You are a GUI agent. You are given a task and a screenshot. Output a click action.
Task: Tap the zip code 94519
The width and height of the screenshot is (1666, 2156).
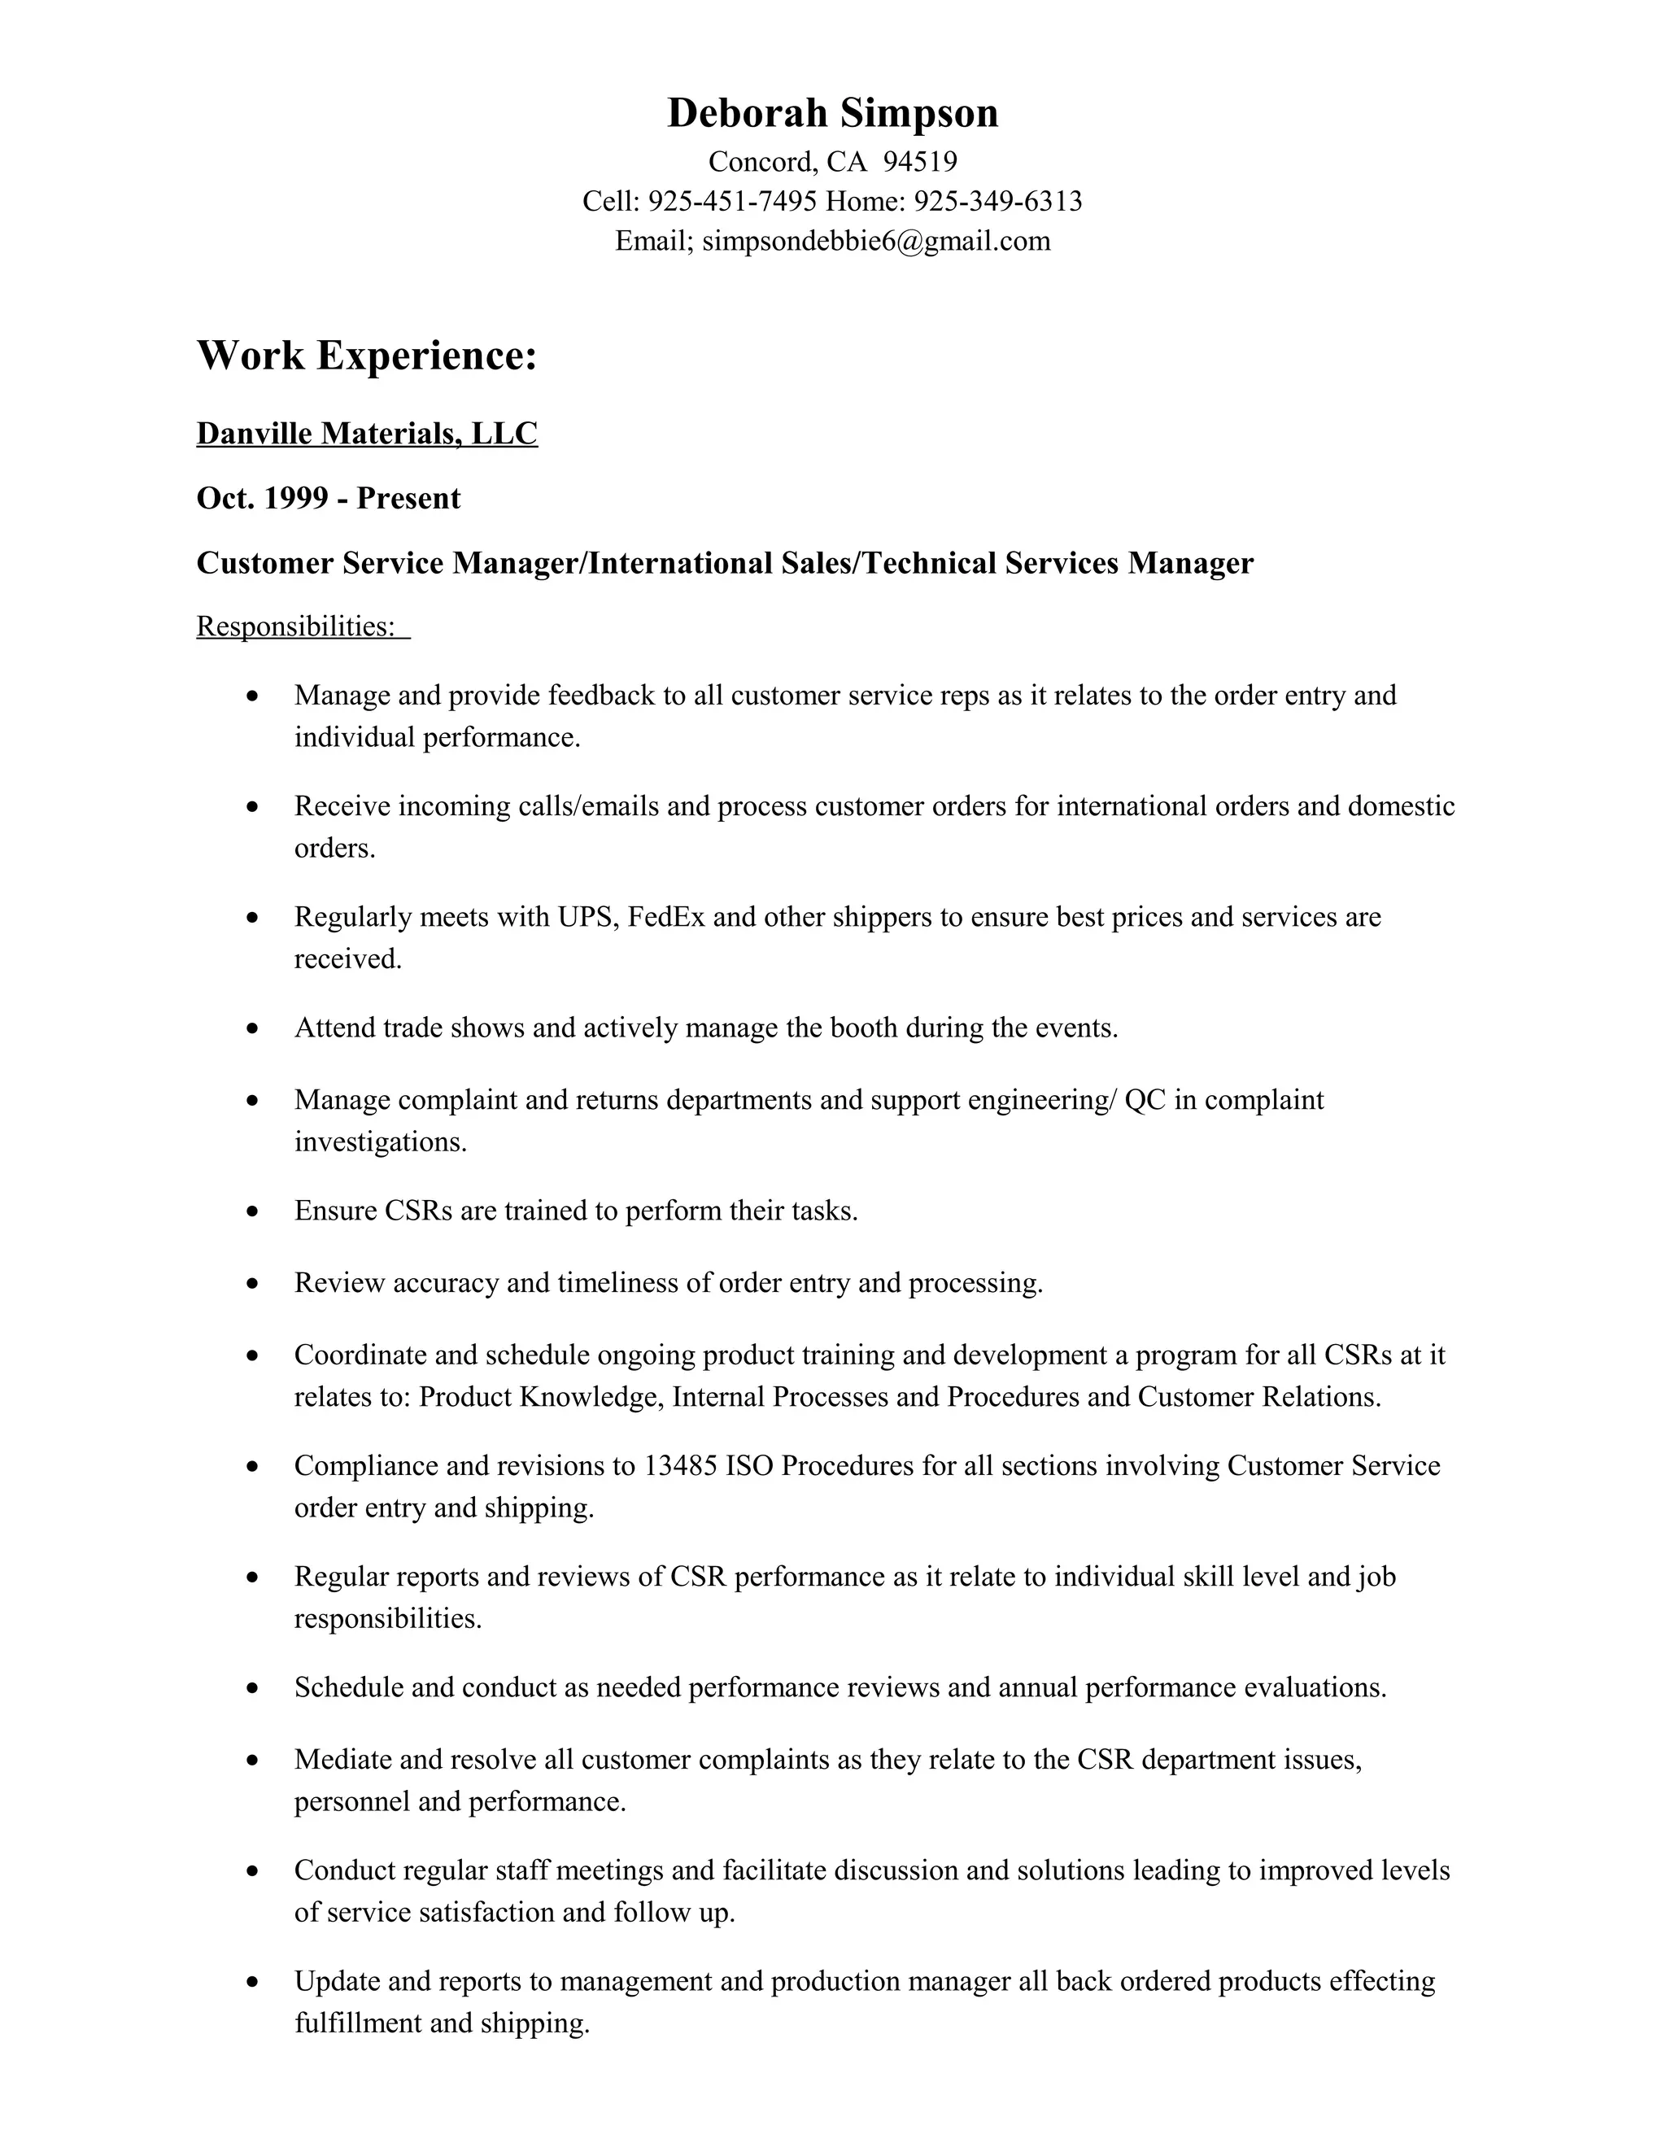[920, 161]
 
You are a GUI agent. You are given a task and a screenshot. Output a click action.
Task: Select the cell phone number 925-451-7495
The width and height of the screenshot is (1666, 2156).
[732, 202]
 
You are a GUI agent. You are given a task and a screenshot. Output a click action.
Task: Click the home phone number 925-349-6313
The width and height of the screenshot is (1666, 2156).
[998, 202]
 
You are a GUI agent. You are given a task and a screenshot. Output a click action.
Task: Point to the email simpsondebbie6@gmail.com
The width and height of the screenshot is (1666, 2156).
[875, 241]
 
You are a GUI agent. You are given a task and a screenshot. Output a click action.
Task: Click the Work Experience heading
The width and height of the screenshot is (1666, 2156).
[367, 356]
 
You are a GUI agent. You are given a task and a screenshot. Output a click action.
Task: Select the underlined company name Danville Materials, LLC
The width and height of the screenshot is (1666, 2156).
[367, 434]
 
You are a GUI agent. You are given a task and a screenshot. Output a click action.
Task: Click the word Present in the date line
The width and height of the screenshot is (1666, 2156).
[408, 498]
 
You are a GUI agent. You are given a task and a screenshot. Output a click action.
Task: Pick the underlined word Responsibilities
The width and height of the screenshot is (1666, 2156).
[295, 626]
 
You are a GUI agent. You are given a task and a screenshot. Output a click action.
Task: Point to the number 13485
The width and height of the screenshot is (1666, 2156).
[680, 1466]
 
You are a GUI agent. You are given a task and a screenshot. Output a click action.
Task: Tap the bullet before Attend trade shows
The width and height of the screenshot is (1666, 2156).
[254, 1028]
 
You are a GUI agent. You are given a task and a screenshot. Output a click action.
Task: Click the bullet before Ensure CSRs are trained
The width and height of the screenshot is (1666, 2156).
[254, 1211]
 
